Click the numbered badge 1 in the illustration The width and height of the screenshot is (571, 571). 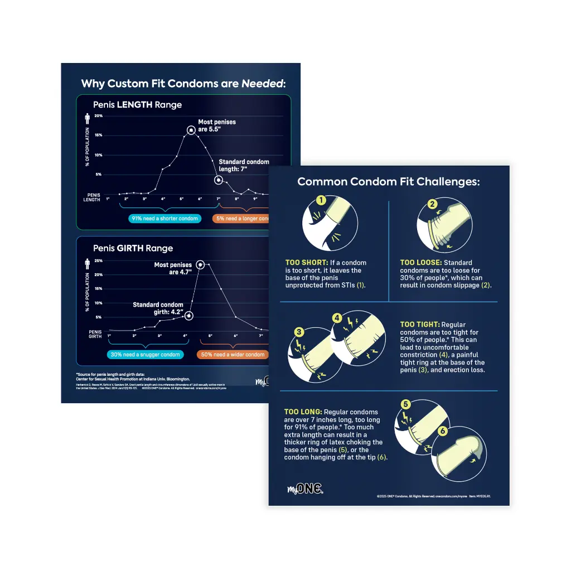(321, 200)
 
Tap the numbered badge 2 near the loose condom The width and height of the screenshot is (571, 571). (432, 204)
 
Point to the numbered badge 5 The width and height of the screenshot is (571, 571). (406, 404)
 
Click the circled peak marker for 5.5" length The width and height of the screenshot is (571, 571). (191, 130)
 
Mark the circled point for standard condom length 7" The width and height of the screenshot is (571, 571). (219, 180)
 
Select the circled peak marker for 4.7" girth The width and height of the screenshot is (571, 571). (200, 264)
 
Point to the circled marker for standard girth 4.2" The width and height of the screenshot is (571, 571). (189, 316)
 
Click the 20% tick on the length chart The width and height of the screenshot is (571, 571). (99, 116)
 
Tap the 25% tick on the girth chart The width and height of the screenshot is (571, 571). (99, 260)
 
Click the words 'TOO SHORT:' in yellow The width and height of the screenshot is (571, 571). (306, 263)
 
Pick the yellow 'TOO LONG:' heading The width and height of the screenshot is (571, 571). (302, 412)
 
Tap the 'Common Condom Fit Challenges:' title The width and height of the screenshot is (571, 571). (388, 182)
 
